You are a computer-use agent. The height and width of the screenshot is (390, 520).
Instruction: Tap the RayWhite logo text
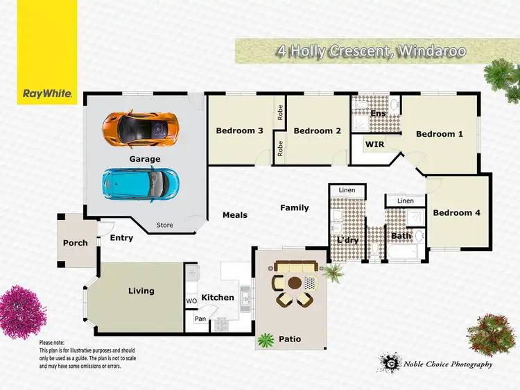48,94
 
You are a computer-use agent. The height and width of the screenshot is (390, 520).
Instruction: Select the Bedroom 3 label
239,130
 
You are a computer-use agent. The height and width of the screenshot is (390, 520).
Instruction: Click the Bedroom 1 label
440,134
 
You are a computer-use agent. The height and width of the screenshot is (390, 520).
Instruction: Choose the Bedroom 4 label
456,213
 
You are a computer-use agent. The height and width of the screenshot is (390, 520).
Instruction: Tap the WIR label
374,145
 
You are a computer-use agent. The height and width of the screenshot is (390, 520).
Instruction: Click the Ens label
378,113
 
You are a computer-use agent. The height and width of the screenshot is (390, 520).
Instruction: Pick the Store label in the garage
164,225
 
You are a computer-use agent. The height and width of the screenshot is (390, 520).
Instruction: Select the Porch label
76,243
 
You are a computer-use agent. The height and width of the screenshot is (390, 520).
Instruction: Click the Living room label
141,291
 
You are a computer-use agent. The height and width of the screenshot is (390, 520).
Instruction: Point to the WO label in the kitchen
191,300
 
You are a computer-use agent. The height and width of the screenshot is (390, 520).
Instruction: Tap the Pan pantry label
200,319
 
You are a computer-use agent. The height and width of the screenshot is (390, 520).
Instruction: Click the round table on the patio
295,283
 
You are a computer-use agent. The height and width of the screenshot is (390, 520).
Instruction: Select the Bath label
401,236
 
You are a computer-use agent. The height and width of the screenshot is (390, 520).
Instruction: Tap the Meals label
235,215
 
